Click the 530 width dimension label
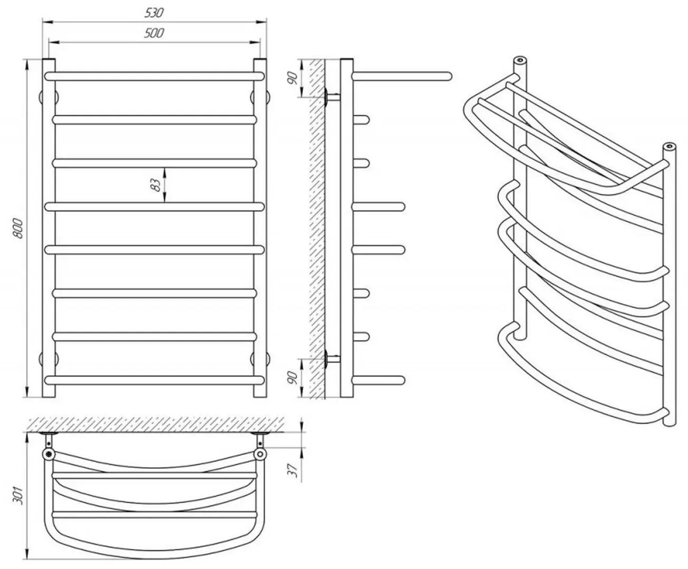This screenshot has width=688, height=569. (x=154, y=12)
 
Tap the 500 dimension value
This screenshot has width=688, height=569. (x=154, y=33)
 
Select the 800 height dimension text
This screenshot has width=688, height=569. (x=18, y=228)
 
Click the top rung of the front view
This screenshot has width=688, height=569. (x=154, y=76)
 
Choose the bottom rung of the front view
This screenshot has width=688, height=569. (x=154, y=379)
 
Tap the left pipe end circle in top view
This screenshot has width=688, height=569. (x=49, y=454)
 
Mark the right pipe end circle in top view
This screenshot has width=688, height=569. (x=259, y=454)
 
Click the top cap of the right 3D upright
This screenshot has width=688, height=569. (x=670, y=145)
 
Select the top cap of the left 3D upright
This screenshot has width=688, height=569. (x=521, y=59)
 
